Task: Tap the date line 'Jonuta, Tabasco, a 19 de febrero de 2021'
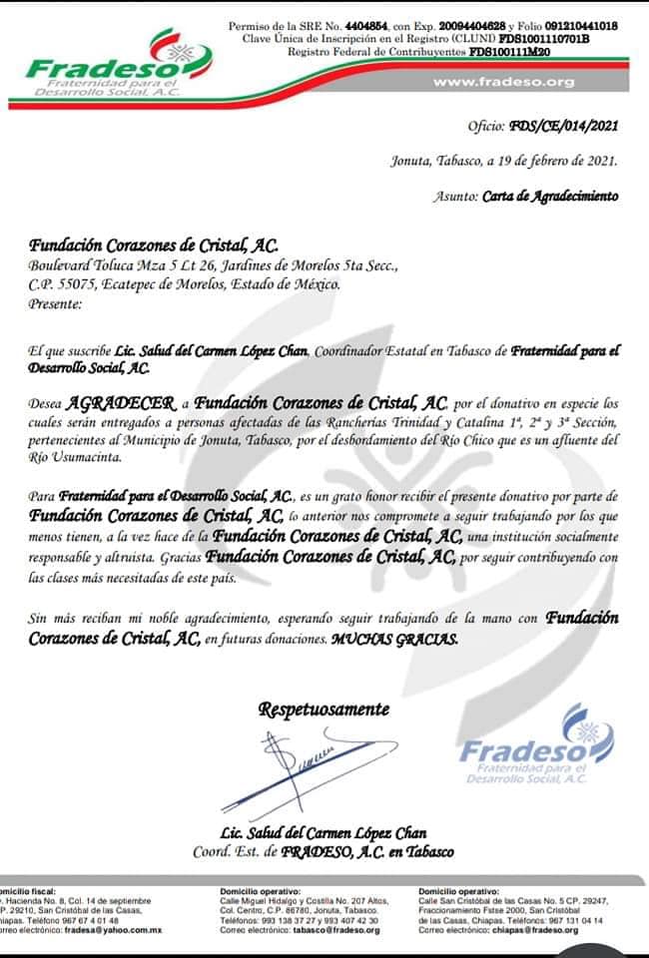click(503, 161)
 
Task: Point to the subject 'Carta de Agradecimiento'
click(549, 197)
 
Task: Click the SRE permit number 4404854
click(365, 25)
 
